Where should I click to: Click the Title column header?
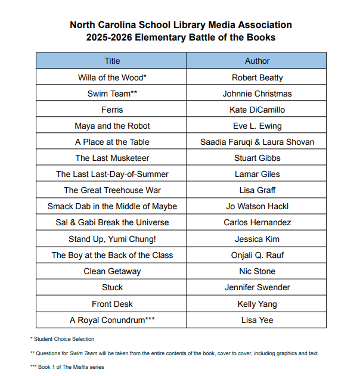coord(112,61)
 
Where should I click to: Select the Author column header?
coord(257,61)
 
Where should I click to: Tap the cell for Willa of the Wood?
coord(112,77)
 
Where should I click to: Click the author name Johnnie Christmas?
coord(257,94)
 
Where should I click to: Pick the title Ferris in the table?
coord(112,110)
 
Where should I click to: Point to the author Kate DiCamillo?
coord(257,110)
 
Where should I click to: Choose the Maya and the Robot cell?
coord(112,126)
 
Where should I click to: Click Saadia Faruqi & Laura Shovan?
coord(257,142)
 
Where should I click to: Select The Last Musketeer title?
coord(112,158)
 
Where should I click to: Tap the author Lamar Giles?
coord(257,174)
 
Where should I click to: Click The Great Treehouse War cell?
coord(112,190)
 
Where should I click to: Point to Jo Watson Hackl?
coord(257,206)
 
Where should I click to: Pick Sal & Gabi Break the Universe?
coord(112,222)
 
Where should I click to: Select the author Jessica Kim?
coord(257,239)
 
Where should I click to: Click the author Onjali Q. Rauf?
coord(257,255)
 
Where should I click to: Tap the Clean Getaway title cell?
coord(112,271)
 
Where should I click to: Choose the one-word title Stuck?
coord(112,287)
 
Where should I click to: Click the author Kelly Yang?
coord(257,304)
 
